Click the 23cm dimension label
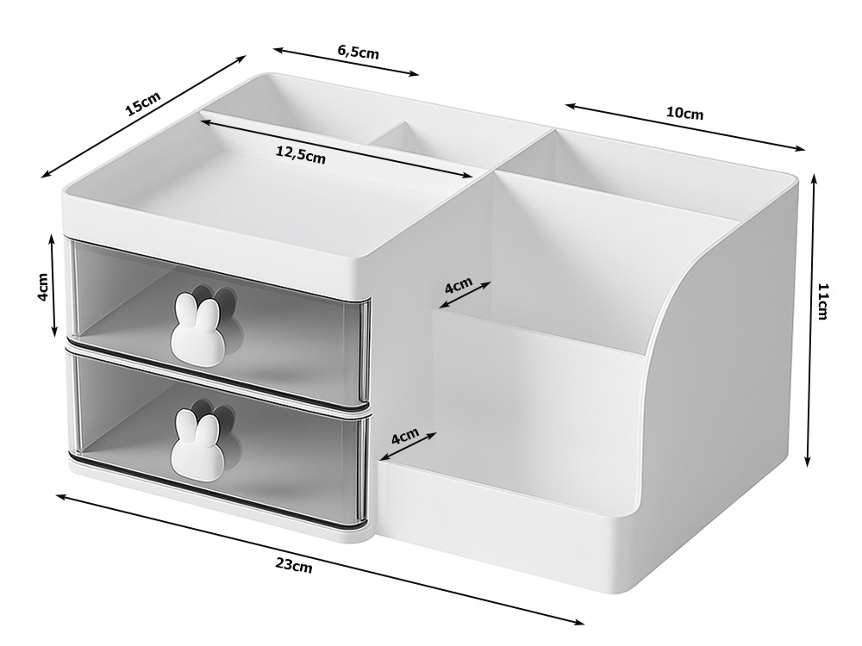pos(294,565)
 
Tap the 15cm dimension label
pos(142,104)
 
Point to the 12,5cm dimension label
pos(300,155)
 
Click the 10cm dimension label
pos(684,113)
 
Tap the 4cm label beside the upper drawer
pos(43,286)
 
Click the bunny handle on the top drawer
pos(197,326)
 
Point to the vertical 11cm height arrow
pos(811,320)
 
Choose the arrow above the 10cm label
pos(685,126)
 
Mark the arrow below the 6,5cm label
pos(347,61)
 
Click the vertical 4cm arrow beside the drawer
pos(53,285)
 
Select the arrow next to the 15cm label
pos(143,116)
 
